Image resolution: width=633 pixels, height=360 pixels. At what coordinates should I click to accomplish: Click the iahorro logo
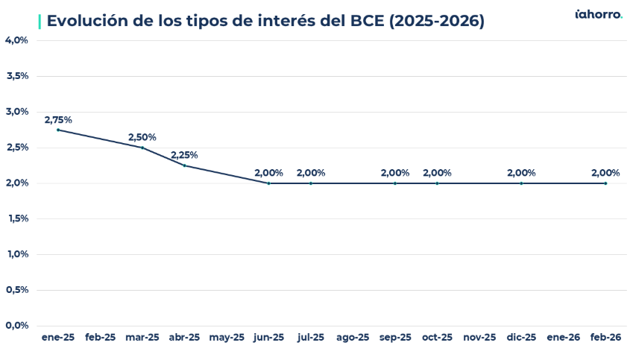pos(598,14)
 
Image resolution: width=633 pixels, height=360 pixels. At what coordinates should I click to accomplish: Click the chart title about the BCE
pos(265,21)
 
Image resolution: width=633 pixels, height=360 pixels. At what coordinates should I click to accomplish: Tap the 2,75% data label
pos(58,119)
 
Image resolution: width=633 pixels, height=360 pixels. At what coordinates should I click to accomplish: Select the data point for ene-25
pos(58,130)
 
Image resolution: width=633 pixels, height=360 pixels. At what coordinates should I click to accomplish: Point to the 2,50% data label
pos(142,137)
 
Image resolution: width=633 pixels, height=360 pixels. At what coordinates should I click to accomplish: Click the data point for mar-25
pos(142,148)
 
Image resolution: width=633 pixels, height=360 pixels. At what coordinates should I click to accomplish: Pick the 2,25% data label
pos(184,155)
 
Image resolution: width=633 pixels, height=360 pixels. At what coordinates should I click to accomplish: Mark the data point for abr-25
pos(184,165)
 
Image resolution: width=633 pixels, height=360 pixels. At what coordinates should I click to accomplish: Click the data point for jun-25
pos(268,183)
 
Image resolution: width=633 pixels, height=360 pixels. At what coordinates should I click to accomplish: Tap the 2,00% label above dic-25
pos(521,173)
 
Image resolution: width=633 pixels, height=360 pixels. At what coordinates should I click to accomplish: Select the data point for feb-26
pos(605,183)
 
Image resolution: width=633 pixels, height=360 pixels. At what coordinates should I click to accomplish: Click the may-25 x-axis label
pos(227,338)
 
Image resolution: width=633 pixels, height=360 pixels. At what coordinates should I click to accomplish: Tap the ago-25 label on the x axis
pos(353,338)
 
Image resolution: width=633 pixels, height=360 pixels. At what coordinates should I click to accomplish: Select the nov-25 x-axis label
pos(479,338)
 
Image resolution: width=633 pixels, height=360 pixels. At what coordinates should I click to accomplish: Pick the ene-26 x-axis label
pos(564,338)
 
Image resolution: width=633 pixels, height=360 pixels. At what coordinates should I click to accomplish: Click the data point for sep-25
pos(395,183)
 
